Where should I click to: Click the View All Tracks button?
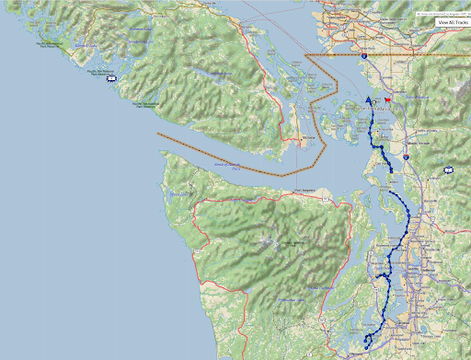pos(446,22)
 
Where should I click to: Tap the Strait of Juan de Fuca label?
pos(227,167)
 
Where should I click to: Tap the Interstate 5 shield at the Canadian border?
pos(364,57)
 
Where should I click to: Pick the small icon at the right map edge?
pos(448,169)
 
